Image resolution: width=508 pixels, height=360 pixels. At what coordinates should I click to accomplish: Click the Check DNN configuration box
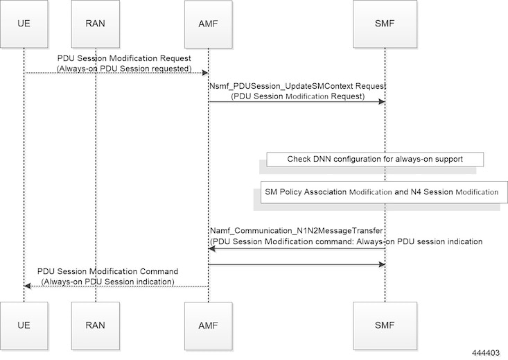click(x=375, y=159)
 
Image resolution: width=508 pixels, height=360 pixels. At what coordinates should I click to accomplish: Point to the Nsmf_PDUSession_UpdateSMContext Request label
click(x=297, y=85)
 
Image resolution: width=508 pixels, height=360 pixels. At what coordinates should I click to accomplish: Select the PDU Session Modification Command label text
click(x=108, y=271)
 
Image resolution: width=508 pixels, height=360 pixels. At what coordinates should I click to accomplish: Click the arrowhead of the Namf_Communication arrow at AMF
click(x=212, y=248)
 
